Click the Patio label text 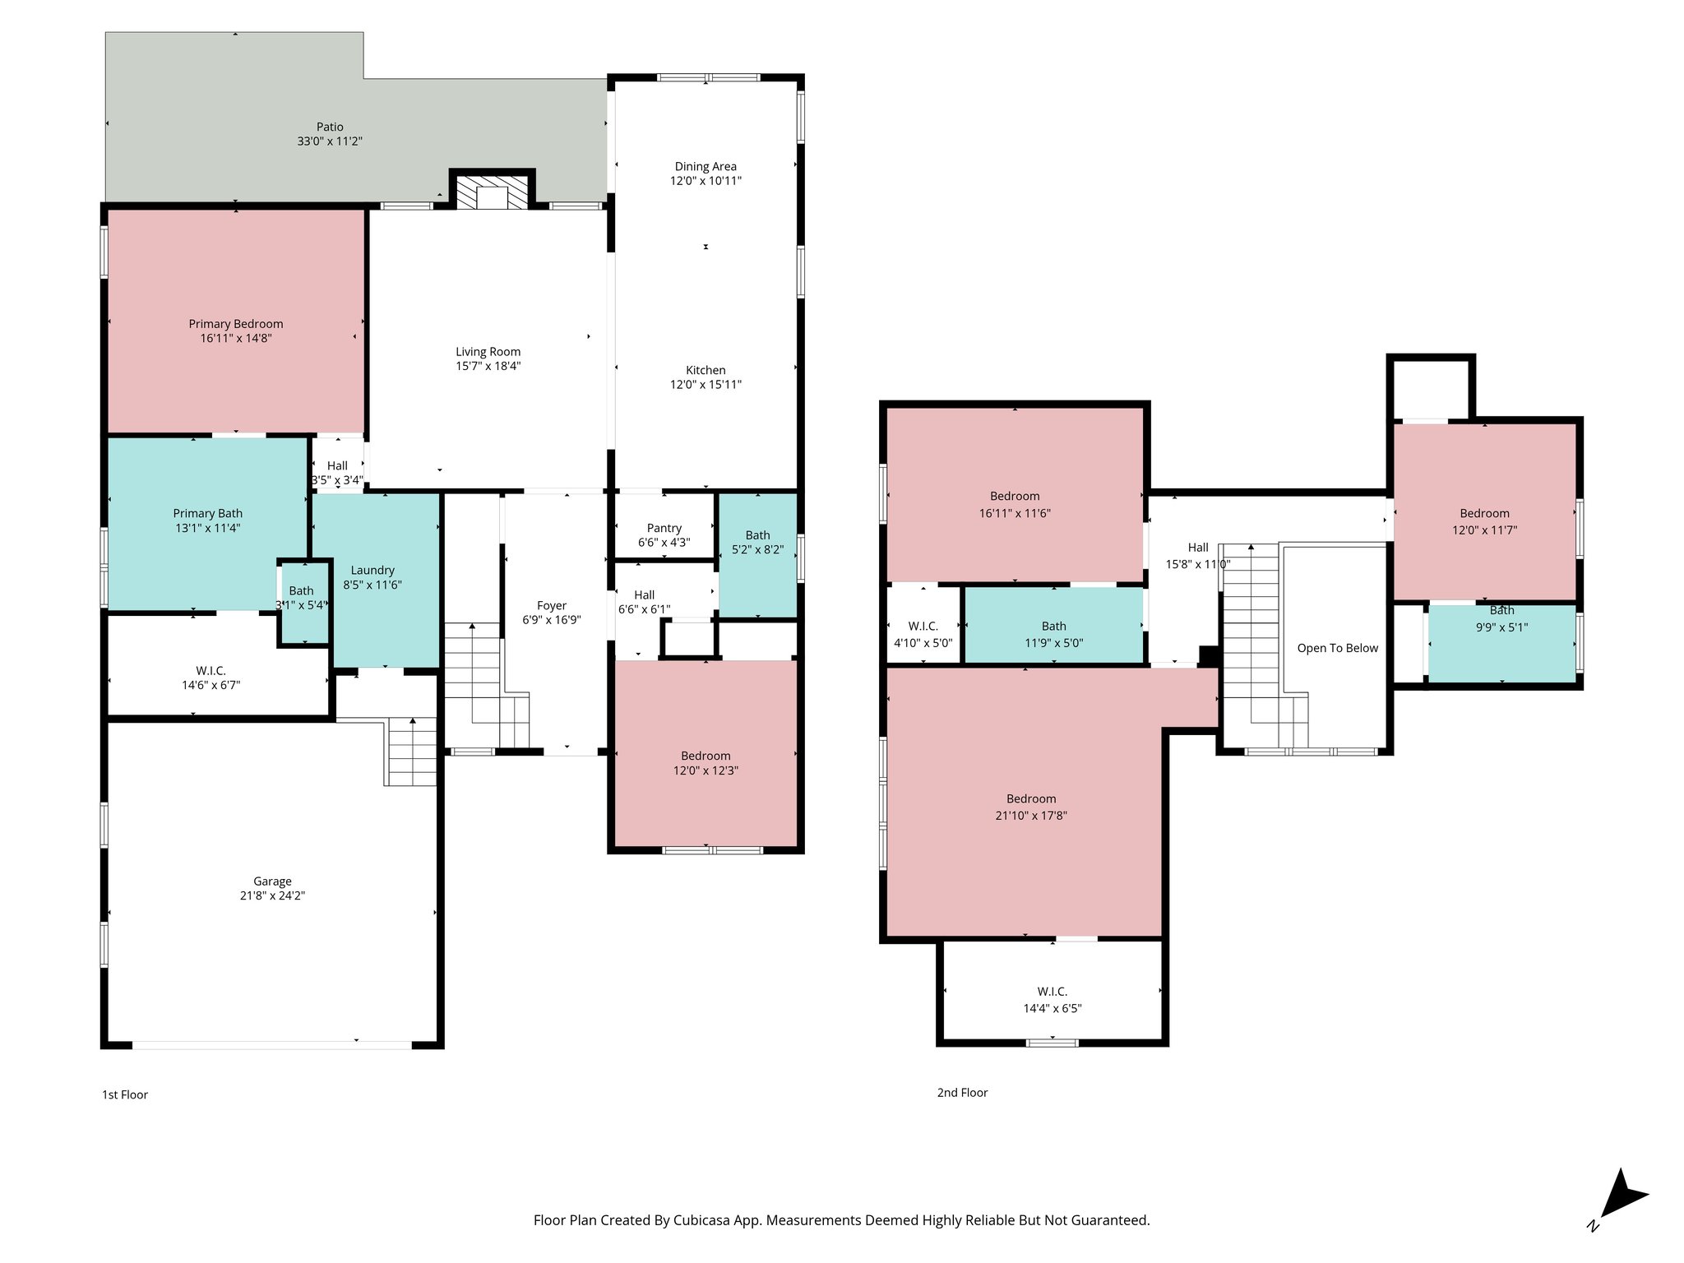click(x=330, y=127)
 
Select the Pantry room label click(x=664, y=528)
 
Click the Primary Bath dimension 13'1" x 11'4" click(x=207, y=528)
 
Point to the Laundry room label click(x=372, y=570)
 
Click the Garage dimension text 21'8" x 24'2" click(x=272, y=895)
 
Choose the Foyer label click(x=552, y=605)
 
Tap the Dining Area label click(x=706, y=166)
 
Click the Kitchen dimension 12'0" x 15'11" click(x=706, y=384)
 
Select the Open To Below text click(x=1337, y=648)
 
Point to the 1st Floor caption click(x=125, y=1094)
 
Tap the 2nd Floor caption click(x=962, y=1092)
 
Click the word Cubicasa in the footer click(x=702, y=1220)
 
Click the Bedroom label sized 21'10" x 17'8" click(x=1031, y=798)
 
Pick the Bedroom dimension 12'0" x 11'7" click(x=1484, y=530)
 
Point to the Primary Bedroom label click(x=236, y=324)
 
